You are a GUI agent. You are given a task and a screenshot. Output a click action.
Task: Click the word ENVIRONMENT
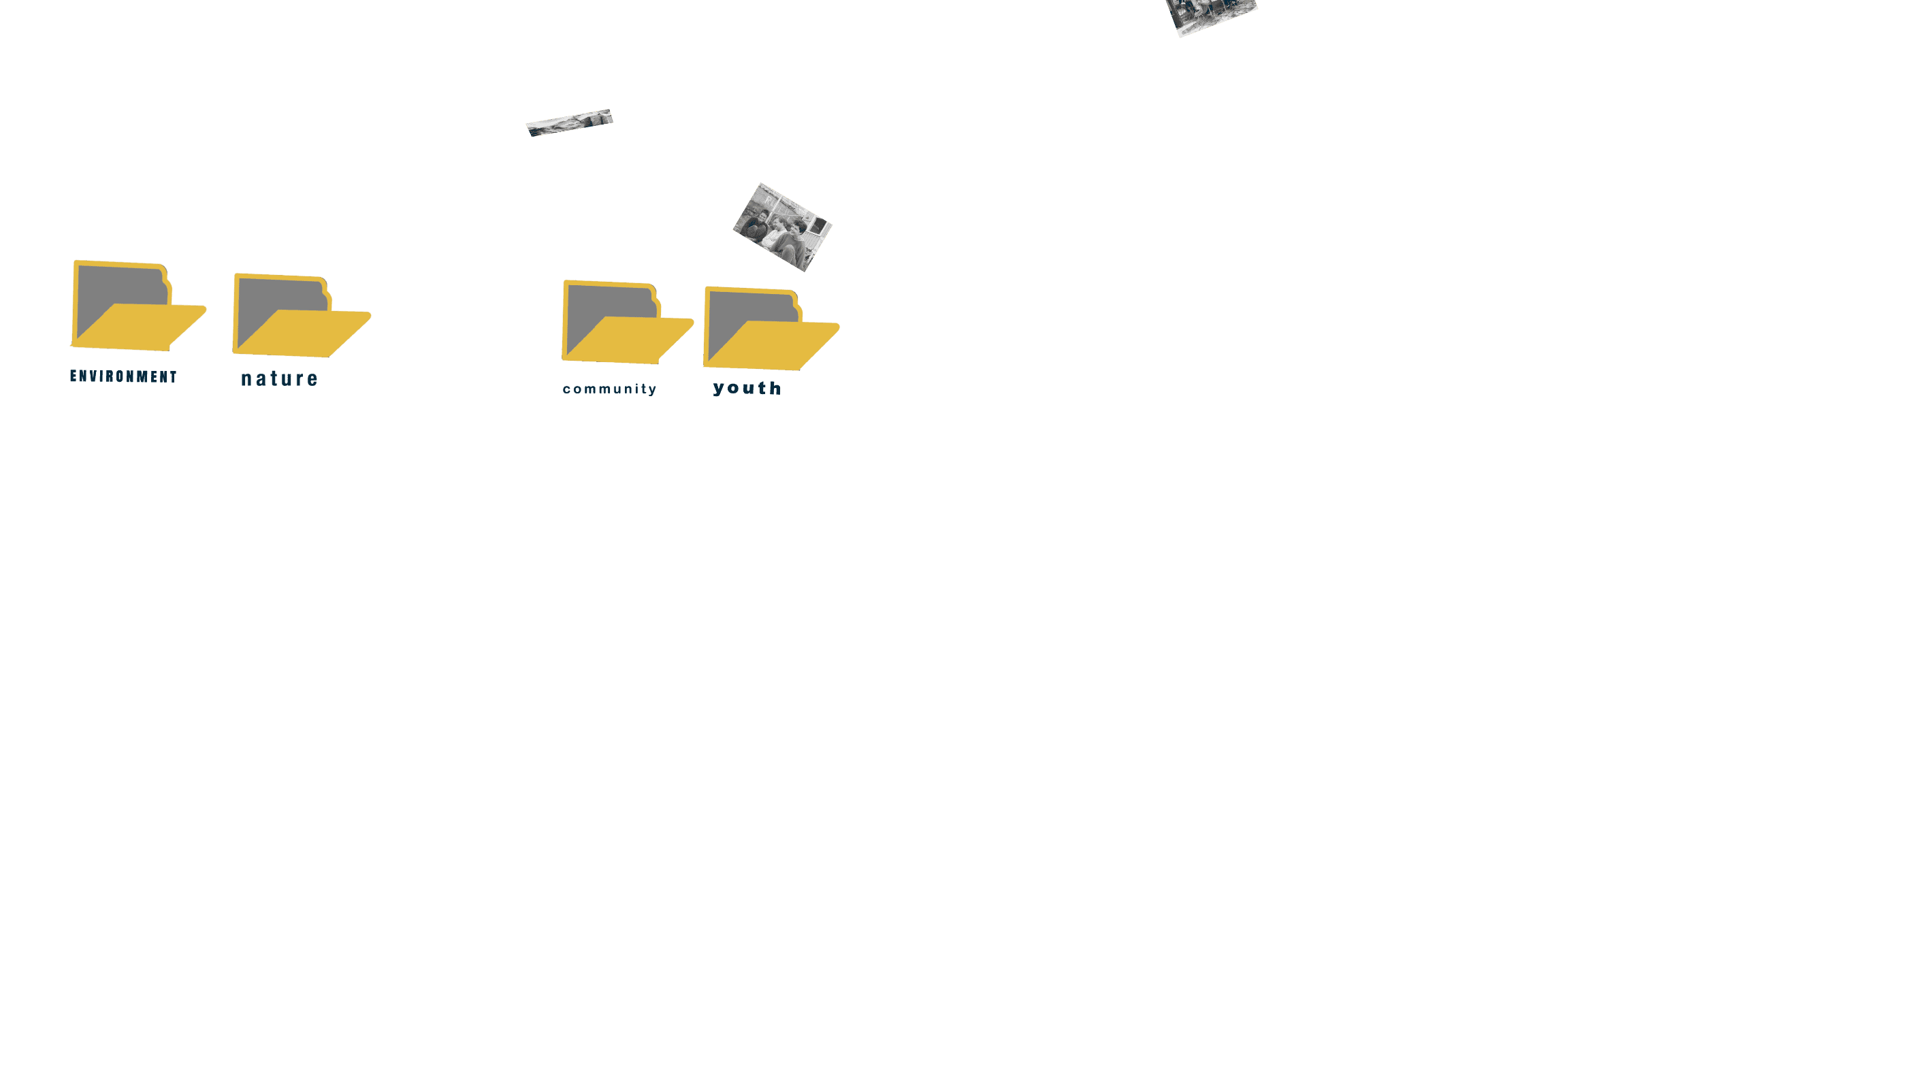(124, 376)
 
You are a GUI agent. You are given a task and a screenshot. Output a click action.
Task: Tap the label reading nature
(280, 379)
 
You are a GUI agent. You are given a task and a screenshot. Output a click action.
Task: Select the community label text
(610, 389)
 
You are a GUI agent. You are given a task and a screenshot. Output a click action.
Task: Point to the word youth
(747, 389)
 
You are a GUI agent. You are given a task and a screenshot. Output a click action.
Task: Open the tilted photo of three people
(782, 227)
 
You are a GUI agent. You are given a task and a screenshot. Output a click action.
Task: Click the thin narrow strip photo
(570, 123)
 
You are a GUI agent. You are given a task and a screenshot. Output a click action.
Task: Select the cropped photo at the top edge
(1211, 15)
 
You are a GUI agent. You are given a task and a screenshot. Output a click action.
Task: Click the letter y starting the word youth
(718, 390)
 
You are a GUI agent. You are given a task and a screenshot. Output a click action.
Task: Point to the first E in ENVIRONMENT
(74, 376)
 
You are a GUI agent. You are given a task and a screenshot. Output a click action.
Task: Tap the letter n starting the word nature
(246, 380)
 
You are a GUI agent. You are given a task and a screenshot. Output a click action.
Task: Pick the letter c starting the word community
(567, 389)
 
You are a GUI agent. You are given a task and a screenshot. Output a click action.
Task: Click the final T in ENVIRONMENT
(173, 377)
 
